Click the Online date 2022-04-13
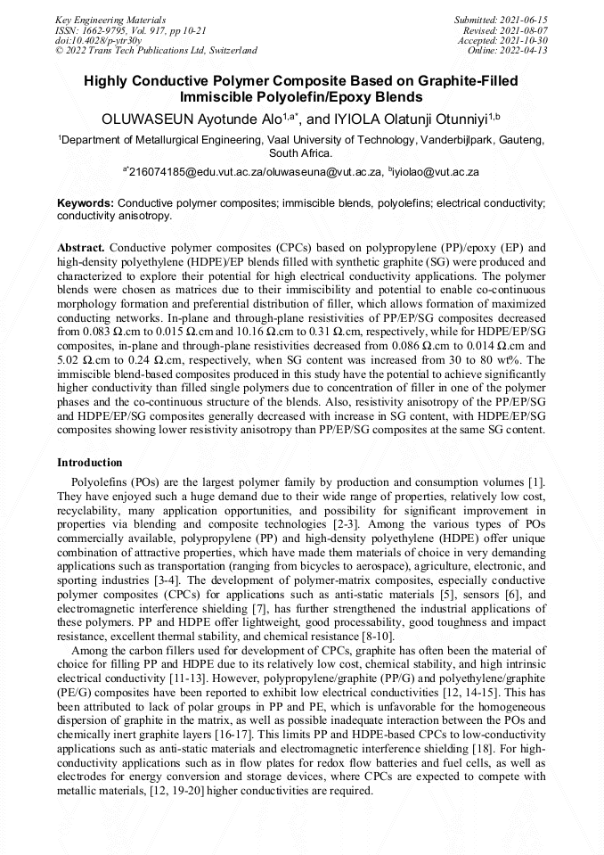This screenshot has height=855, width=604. [x=532, y=51]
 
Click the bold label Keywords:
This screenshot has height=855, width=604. [x=86, y=203]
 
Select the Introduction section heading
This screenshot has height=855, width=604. [x=90, y=463]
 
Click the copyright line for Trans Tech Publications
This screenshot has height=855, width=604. [x=156, y=51]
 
